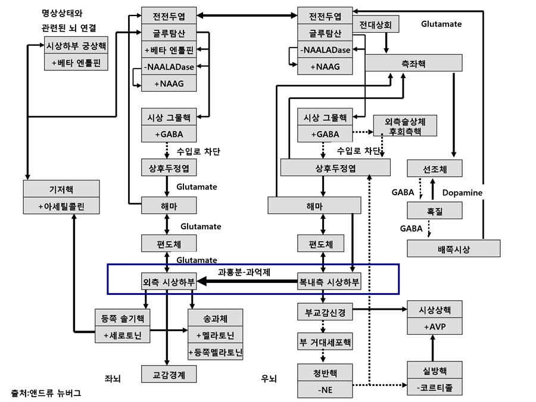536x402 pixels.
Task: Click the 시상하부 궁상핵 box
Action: click(76, 45)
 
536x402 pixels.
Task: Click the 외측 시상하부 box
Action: click(169, 282)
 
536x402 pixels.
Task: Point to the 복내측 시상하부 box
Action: click(329, 282)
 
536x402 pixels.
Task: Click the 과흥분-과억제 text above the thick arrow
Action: click(244, 272)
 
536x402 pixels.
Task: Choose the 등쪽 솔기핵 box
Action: click(122, 318)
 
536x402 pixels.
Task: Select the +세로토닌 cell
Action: click(122, 335)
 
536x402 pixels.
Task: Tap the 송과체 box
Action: click(216, 318)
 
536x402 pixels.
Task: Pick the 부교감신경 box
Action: click(322, 311)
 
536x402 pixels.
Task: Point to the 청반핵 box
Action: click(325, 373)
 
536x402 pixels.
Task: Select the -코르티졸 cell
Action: click(435, 388)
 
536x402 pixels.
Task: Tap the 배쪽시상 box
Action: click(453, 249)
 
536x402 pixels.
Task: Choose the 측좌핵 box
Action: click(413, 64)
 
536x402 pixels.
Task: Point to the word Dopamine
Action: click(462, 193)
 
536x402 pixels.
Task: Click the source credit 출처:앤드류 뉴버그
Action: click(46, 393)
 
